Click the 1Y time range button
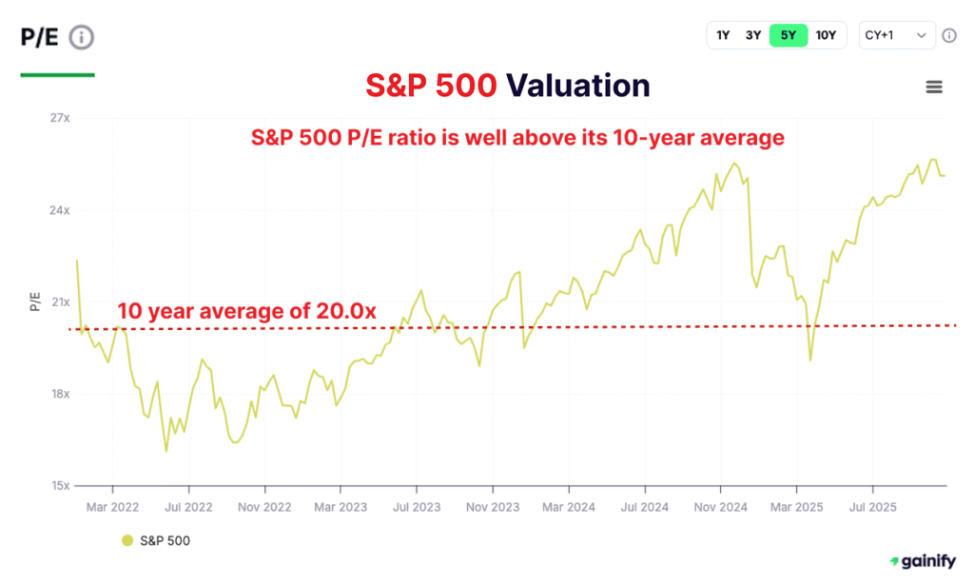click(x=723, y=36)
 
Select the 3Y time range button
click(x=753, y=36)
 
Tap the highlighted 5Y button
click(x=788, y=36)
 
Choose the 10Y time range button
click(x=826, y=36)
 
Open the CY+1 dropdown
click(x=896, y=36)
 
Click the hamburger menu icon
click(x=934, y=87)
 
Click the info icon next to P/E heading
click(x=82, y=38)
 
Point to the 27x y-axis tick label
click(x=60, y=118)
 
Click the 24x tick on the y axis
click(x=60, y=210)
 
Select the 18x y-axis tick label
click(x=60, y=394)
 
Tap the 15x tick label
click(x=60, y=485)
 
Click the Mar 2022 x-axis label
click(x=112, y=508)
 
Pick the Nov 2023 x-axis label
click(x=493, y=508)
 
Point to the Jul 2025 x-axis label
click(x=872, y=508)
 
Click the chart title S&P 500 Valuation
click(x=508, y=86)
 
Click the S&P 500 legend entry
click(x=156, y=541)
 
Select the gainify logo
click(x=922, y=562)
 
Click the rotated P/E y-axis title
click(x=35, y=302)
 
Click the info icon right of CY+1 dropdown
click(x=948, y=36)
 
